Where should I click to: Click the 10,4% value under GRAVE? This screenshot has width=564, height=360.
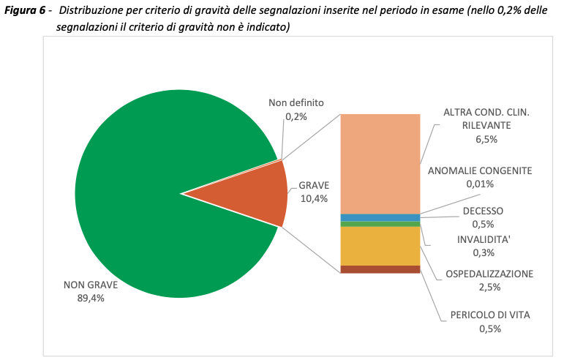314,198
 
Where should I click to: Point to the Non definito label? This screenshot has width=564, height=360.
296,103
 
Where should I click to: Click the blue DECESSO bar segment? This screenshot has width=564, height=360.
380,217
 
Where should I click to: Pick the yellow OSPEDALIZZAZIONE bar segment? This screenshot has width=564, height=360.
380,246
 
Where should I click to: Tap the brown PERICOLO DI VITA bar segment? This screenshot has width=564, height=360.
380,269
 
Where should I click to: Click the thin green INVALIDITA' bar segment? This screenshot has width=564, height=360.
380,224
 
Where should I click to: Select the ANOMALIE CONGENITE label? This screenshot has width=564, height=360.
480,170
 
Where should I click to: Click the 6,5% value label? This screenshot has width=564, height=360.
486,138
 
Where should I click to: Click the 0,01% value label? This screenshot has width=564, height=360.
480,184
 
